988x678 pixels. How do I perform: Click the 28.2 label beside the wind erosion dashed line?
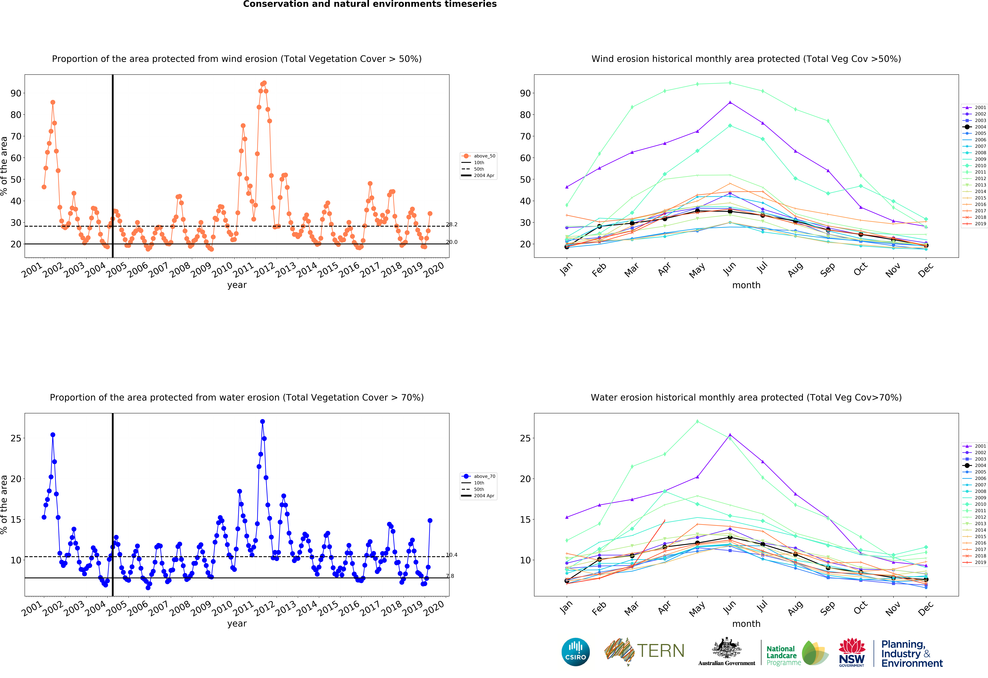tap(451, 224)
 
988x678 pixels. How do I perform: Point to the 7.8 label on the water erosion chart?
tap(450, 576)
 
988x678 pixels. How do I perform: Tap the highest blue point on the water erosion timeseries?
tap(262, 421)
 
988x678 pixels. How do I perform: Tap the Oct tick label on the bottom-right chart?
tap(860, 608)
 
